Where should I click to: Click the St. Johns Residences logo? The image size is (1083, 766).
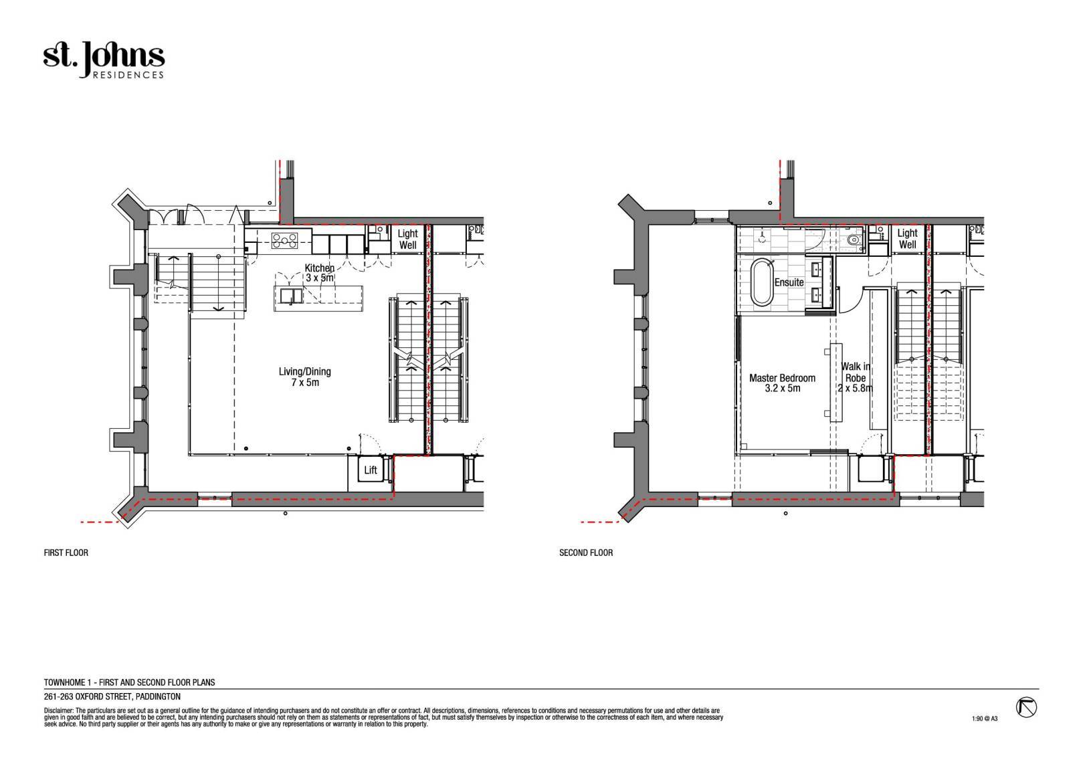click(104, 60)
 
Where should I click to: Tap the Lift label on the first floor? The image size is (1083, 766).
click(371, 470)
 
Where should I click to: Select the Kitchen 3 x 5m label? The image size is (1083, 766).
click(320, 273)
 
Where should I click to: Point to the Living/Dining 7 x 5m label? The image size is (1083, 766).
click(304, 377)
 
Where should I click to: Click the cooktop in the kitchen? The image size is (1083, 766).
click(284, 240)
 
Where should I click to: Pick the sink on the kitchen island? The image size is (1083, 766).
click(292, 296)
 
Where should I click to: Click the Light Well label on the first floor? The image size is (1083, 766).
click(407, 240)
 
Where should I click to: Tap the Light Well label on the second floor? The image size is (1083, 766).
click(907, 239)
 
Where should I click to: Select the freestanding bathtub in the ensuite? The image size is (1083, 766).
click(763, 282)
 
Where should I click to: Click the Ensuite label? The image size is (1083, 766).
click(789, 282)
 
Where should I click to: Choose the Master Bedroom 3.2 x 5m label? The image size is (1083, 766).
click(782, 383)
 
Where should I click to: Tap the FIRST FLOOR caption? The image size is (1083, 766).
click(66, 552)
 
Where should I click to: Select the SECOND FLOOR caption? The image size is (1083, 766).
click(586, 552)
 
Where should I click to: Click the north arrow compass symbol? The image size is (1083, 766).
click(1026, 708)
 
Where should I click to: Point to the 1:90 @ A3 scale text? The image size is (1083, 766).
click(985, 719)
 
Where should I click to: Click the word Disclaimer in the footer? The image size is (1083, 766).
click(59, 710)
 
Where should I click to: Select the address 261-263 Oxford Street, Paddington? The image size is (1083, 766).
click(112, 696)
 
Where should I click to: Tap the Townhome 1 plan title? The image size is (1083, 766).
click(130, 682)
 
